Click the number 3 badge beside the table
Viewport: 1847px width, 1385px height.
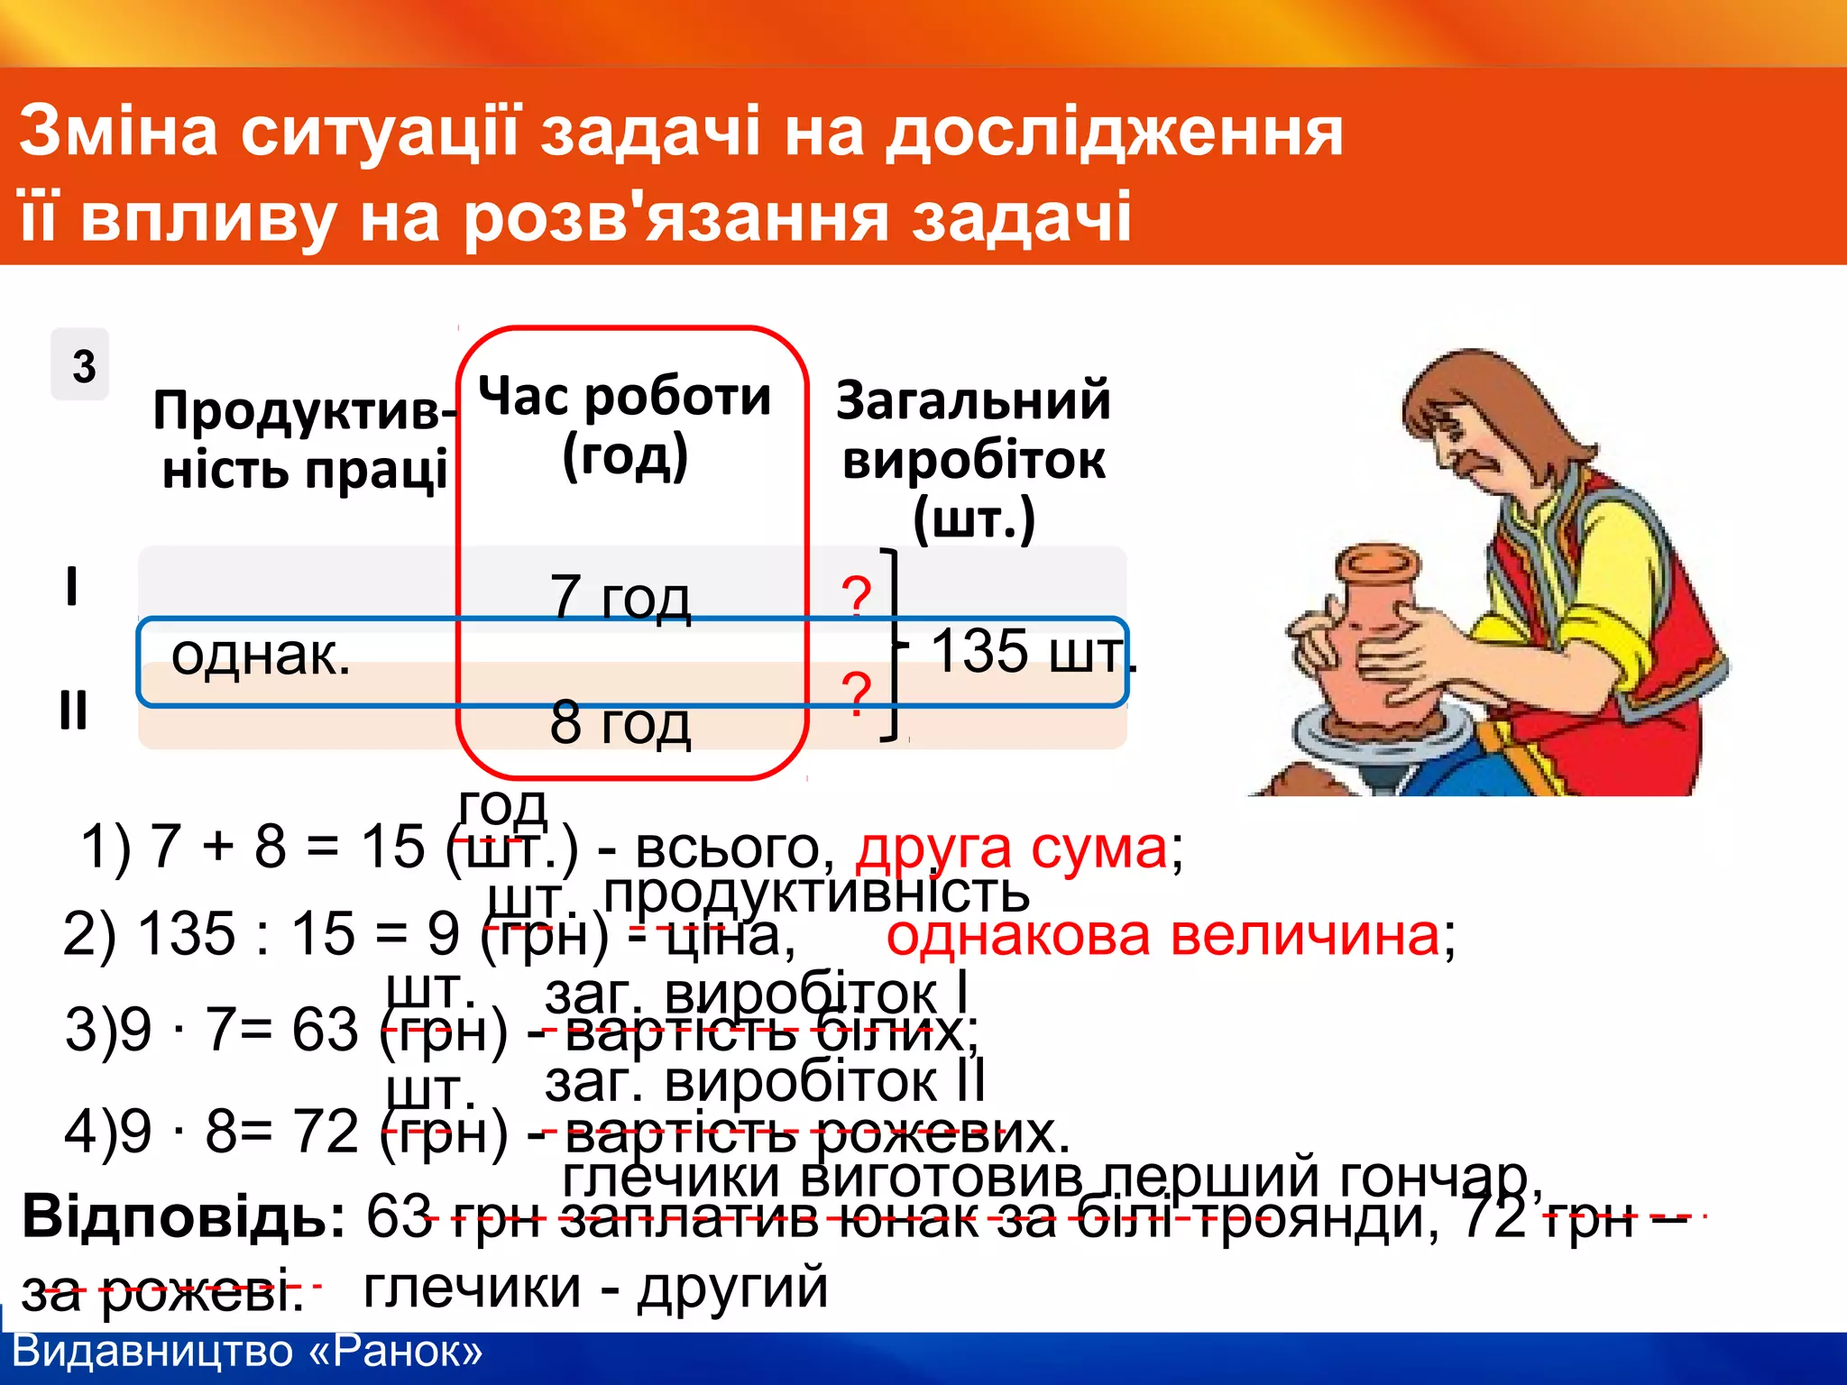(81, 365)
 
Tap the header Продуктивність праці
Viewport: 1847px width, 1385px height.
(304, 440)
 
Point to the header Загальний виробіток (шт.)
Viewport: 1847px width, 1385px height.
(973, 460)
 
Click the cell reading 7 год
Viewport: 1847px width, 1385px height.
(620, 597)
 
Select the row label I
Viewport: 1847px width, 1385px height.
(72, 586)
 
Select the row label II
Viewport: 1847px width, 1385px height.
(73, 711)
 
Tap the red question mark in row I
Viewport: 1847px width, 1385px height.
(856, 597)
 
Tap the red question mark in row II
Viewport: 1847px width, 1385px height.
(856, 692)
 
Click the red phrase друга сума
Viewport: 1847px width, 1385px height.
(1012, 848)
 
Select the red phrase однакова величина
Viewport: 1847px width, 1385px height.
(1163, 934)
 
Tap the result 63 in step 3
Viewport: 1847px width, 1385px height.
(325, 1029)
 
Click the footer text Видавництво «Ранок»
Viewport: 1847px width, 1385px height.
(248, 1351)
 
